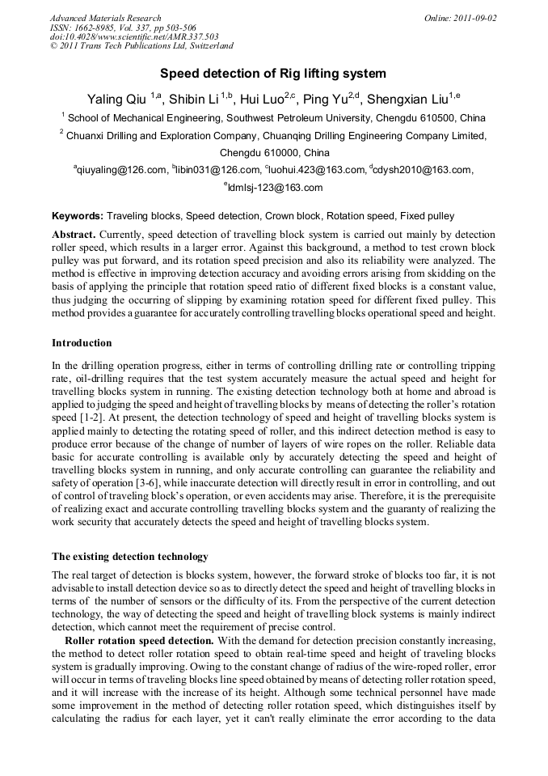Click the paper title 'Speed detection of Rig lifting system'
click(x=272, y=74)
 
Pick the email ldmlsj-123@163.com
click(x=275, y=188)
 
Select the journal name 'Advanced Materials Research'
click(x=105, y=18)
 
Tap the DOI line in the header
click(x=134, y=37)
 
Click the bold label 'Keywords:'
click(x=78, y=217)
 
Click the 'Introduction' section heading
click(x=82, y=344)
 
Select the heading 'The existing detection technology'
click(x=130, y=557)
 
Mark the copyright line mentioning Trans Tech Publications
click(x=141, y=47)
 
